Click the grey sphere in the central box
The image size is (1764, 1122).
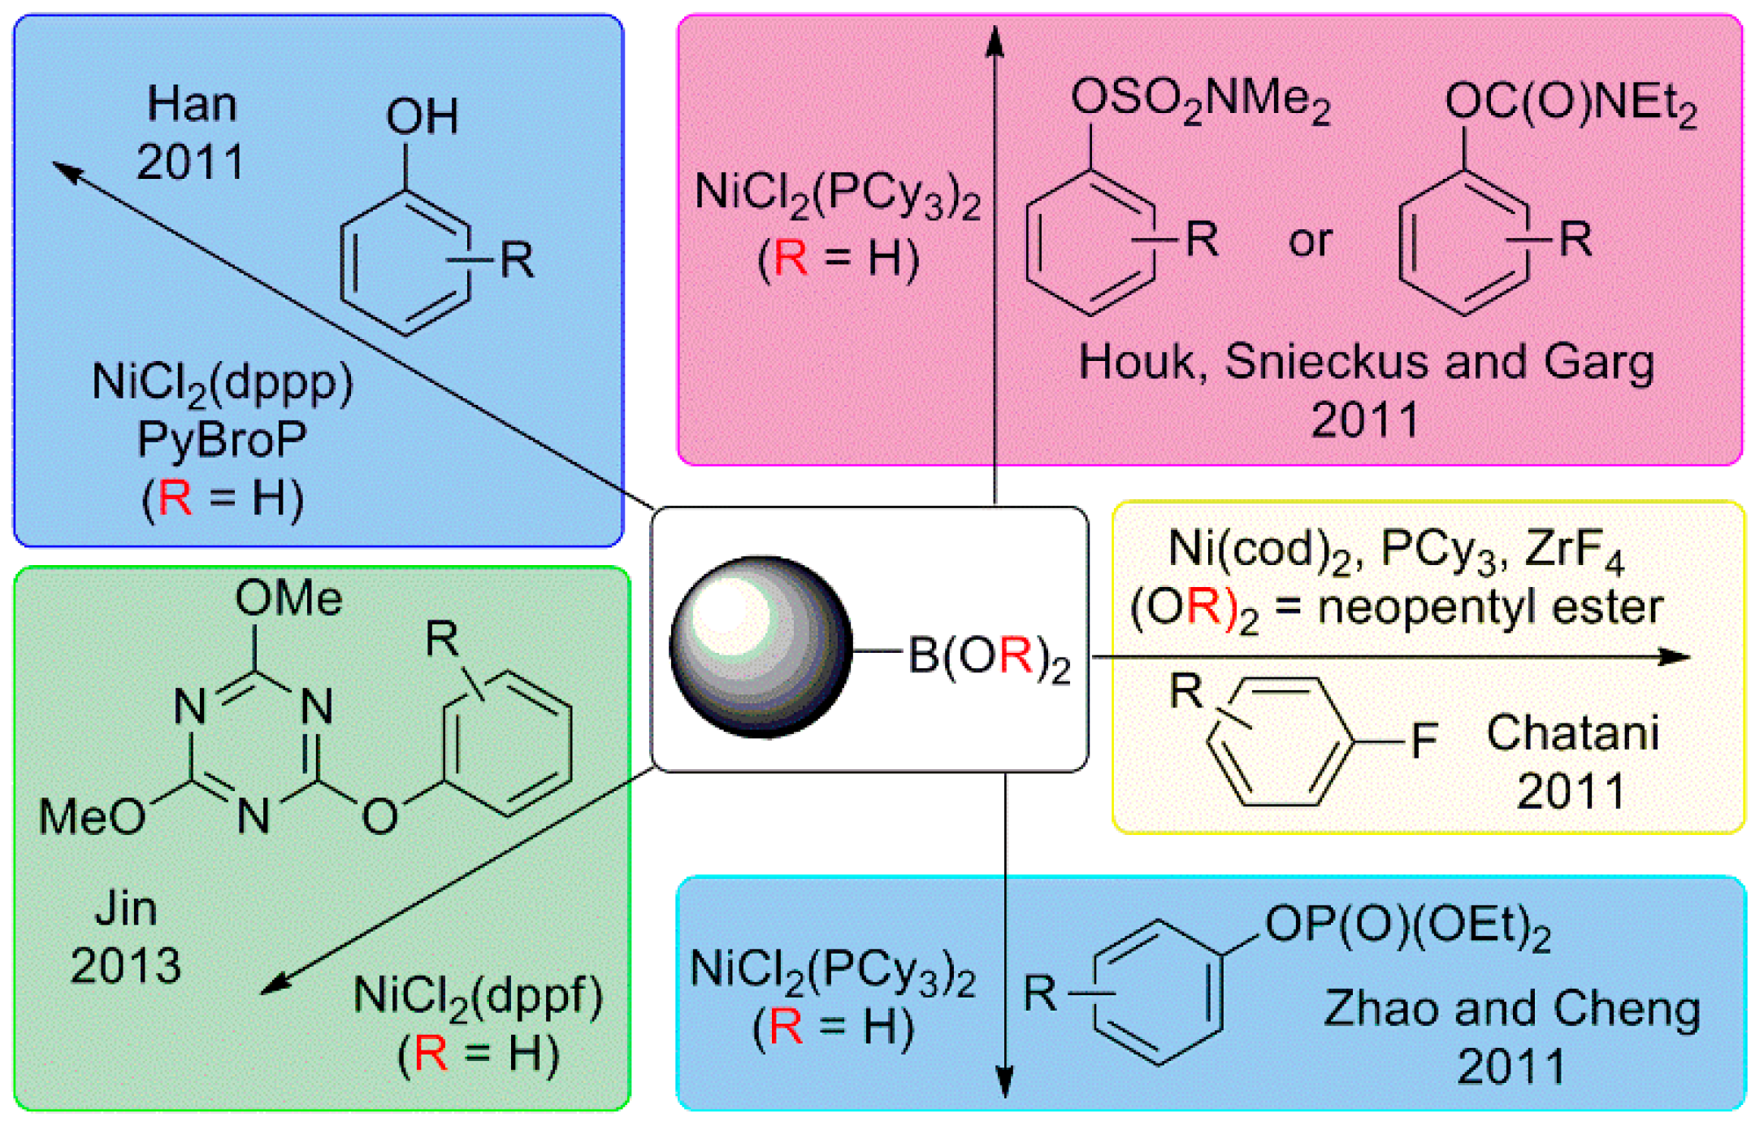(761, 647)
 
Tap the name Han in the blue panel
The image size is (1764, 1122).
(192, 105)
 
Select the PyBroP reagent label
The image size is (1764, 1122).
(222, 440)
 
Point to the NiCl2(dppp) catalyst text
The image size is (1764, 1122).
(223, 382)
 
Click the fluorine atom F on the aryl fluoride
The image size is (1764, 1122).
(1424, 741)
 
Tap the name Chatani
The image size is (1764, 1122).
(1572, 733)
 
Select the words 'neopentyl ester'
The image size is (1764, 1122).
(1489, 607)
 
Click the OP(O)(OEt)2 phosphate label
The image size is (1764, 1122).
(1407, 927)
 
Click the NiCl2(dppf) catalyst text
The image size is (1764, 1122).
(478, 997)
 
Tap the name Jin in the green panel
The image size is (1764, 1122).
(126, 908)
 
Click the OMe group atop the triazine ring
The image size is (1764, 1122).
(288, 599)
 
